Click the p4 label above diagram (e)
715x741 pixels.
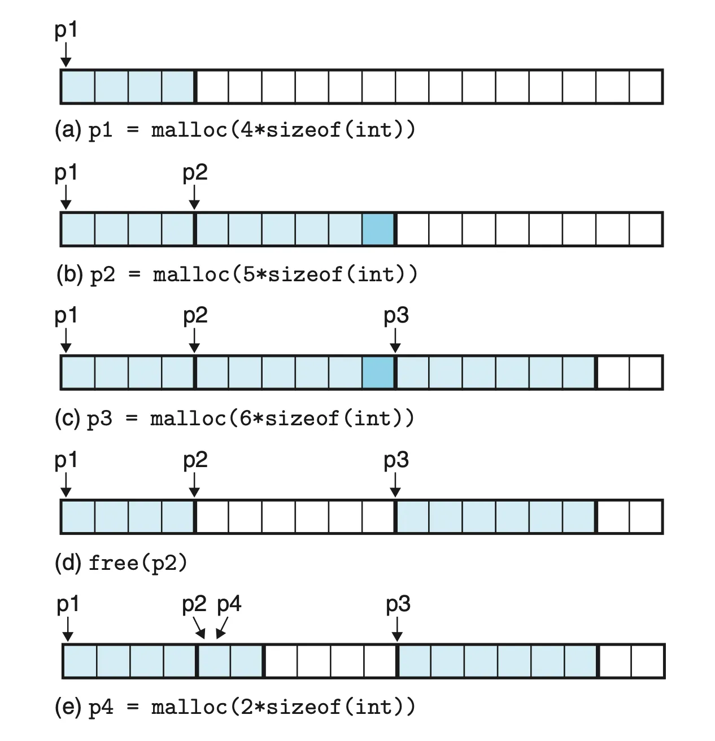[229, 605]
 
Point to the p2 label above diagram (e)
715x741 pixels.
[194, 605]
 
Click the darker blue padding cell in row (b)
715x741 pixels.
[378, 229]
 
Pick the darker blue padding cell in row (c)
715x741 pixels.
[378, 373]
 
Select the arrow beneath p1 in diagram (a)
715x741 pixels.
[66, 55]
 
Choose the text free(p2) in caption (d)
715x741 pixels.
[137, 563]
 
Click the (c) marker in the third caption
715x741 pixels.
[67, 419]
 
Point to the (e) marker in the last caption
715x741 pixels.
[68, 707]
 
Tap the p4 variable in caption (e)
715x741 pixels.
[101, 708]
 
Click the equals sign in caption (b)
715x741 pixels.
[133, 275]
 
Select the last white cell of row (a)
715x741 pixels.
[646, 86]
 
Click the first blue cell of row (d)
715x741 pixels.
[78, 517]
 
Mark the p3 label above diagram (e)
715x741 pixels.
[398, 605]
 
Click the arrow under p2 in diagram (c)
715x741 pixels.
[194, 341]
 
